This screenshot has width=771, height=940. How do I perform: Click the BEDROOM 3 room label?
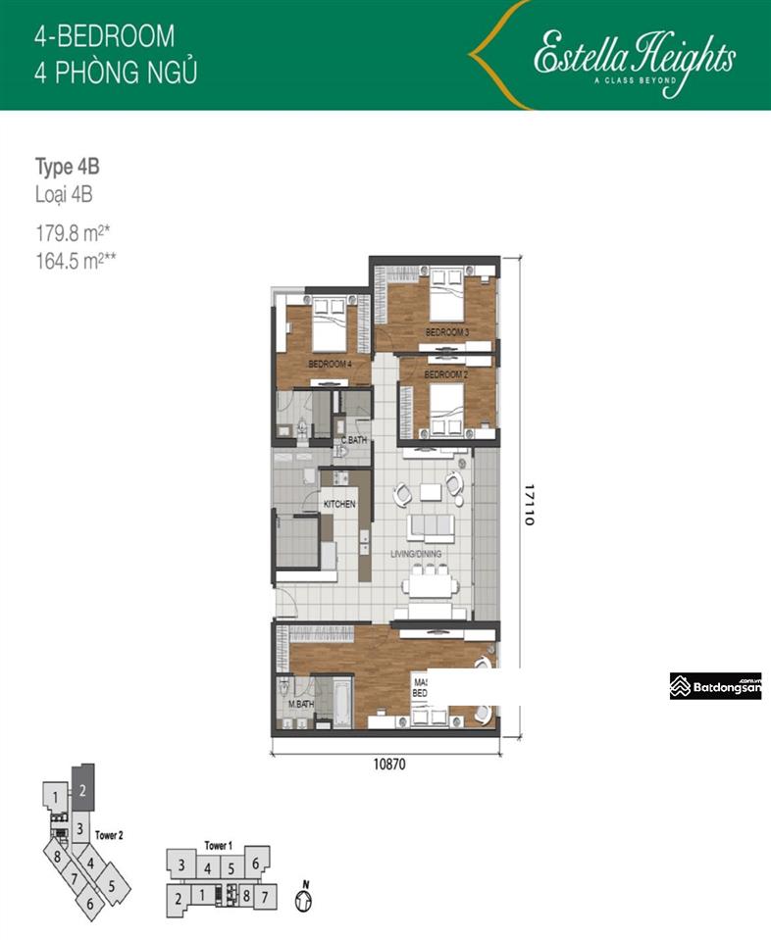[446, 333]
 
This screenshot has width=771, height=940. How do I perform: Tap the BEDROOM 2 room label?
[443, 374]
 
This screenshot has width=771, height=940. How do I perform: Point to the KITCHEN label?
[339, 504]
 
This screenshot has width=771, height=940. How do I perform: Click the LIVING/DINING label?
[417, 554]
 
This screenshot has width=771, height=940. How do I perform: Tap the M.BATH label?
[300, 705]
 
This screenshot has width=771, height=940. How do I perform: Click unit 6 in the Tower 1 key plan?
[254, 864]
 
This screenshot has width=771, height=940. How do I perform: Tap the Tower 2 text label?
[109, 836]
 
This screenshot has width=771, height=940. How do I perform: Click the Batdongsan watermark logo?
[715, 687]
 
